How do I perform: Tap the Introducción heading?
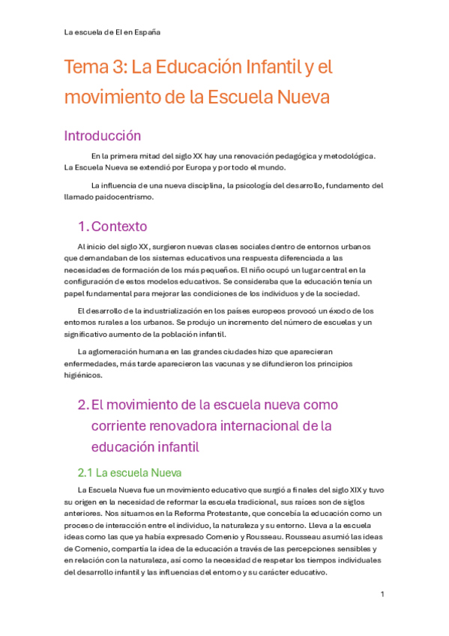(x=102, y=136)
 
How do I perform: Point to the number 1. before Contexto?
(x=82, y=226)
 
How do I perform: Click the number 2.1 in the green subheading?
(x=85, y=472)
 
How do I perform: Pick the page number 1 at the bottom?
(x=382, y=595)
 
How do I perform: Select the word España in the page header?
(x=147, y=32)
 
